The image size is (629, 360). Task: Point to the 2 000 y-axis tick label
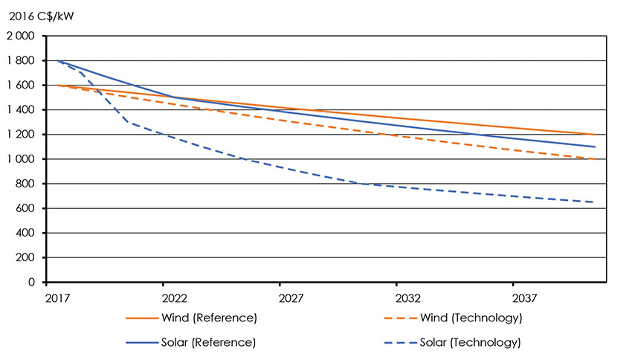coord(22,36)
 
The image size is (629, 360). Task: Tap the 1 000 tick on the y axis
coord(22,159)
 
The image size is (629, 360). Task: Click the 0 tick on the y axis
coord(34,282)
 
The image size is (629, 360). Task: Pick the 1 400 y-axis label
coord(22,110)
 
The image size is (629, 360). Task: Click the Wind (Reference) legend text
coord(209,318)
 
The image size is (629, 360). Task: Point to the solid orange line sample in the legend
coord(141,318)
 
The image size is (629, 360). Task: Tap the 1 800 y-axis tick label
coord(22,60)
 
